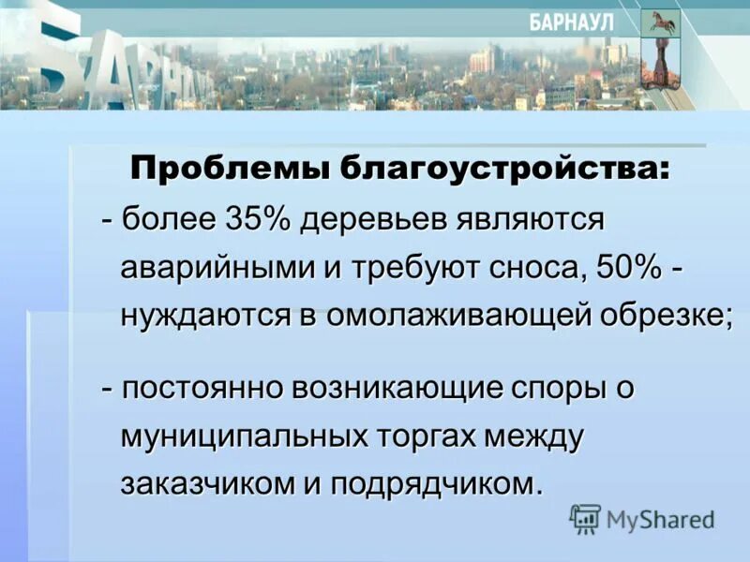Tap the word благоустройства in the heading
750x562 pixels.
(492, 170)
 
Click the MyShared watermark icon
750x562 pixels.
(585, 518)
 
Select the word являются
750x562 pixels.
(529, 220)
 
